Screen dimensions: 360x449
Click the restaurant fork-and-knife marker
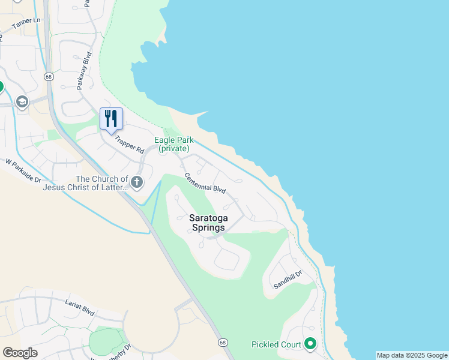pyautogui.click(x=110, y=118)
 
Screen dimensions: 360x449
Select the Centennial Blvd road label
pyautogui.click(x=205, y=182)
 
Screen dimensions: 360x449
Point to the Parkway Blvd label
pyautogui.click(x=83, y=71)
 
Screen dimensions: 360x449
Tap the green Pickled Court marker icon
pyautogui.click(x=310, y=344)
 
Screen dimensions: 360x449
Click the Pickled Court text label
pyautogui.click(x=276, y=344)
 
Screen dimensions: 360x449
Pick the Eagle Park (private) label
pyautogui.click(x=172, y=144)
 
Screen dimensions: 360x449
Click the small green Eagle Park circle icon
pyautogui.click(x=163, y=151)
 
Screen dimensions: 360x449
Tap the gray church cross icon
pyautogui.click(x=137, y=181)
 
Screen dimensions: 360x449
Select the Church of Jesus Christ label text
pyautogui.click(x=85, y=183)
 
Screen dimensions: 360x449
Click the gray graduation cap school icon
pyautogui.click(x=23, y=101)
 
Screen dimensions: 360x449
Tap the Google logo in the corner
pyautogui.click(x=20, y=352)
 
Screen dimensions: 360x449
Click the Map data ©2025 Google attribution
pyautogui.click(x=412, y=355)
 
